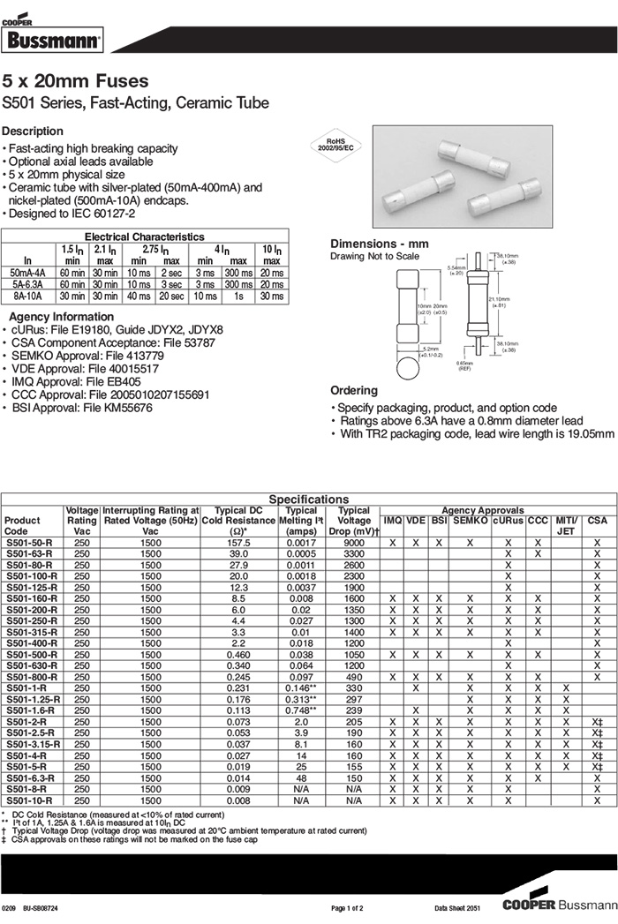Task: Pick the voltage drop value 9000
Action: pos(354,543)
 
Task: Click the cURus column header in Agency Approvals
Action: pos(509,521)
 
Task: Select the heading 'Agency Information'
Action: pos(61,317)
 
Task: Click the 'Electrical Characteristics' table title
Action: pos(144,237)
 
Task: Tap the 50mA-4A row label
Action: pos(27,273)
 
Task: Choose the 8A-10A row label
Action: pos(27,297)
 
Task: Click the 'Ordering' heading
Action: pos(354,390)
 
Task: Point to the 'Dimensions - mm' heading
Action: pos(379,244)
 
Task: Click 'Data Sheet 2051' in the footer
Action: pos(457,907)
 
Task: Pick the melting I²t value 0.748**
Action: pos(301,710)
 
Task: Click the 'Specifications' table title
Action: pos(308,500)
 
